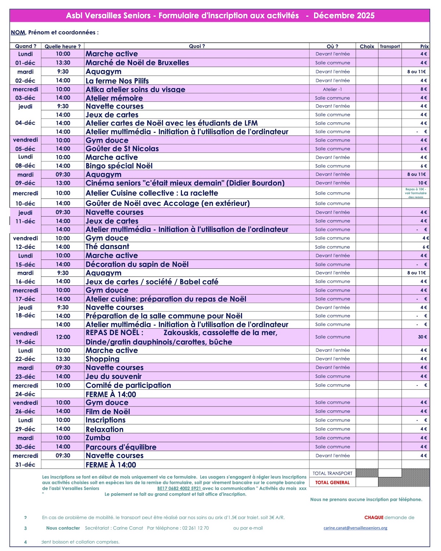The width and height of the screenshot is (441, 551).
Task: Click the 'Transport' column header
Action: tap(390, 46)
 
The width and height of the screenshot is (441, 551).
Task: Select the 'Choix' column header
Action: tap(367, 46)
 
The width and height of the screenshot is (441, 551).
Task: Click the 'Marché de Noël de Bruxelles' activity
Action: tap(137, 63)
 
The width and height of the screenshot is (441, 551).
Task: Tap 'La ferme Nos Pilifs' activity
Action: tap(117, 80)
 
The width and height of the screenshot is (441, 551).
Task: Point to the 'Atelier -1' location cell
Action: tap(332, 89)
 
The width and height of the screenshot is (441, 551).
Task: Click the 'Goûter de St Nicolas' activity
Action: tap(122, 149)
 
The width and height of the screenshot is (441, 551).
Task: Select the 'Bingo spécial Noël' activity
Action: tap(119, 166)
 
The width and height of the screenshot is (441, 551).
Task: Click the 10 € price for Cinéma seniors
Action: tap(422, 183)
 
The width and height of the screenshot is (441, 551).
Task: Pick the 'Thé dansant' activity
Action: tap(107, 247)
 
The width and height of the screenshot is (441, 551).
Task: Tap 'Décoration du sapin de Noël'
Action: tap(137, 264)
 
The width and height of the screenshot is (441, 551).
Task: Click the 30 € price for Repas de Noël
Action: tap(422, 337)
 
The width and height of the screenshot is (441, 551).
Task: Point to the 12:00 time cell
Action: tap(63, 337)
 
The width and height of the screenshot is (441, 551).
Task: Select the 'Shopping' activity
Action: tap(103, 359)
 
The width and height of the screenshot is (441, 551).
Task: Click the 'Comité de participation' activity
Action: tap(128, 385)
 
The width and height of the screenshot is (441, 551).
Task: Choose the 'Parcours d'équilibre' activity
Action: tap(121, 447)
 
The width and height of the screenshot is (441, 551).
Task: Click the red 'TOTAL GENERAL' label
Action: tap(332, 482)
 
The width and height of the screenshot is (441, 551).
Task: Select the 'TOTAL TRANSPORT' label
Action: tap(332, 473)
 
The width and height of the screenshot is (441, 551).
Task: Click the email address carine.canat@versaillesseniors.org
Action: tap(355, 528)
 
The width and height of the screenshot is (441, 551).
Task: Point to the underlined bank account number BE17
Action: tap(179, 489)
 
